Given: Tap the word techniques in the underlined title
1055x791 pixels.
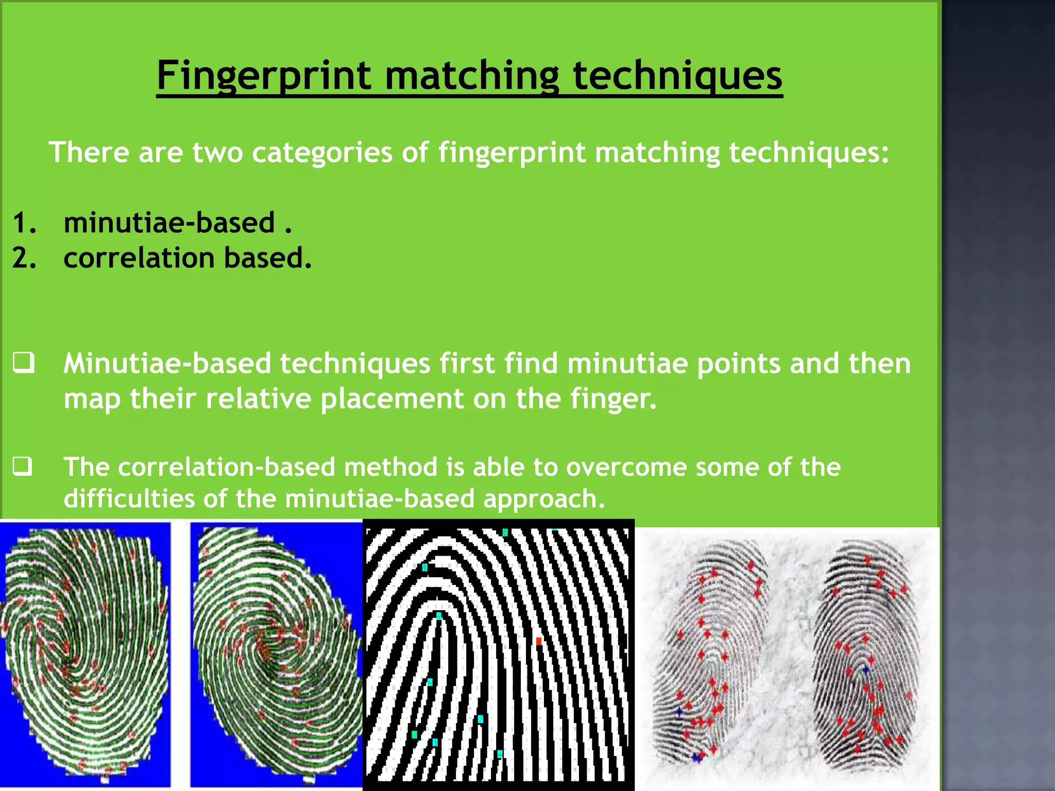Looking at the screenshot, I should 677,76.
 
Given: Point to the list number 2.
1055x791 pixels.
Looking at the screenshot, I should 24,258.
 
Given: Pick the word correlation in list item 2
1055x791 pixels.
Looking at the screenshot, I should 139,257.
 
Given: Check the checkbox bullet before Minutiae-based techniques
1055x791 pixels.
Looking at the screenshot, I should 24,363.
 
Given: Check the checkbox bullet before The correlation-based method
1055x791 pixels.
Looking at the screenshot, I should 23,466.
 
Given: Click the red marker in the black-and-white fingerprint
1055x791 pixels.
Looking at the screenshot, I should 539,641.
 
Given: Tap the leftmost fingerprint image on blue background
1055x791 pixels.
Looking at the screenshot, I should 85,654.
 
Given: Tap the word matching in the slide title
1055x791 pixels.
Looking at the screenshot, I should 471,76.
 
